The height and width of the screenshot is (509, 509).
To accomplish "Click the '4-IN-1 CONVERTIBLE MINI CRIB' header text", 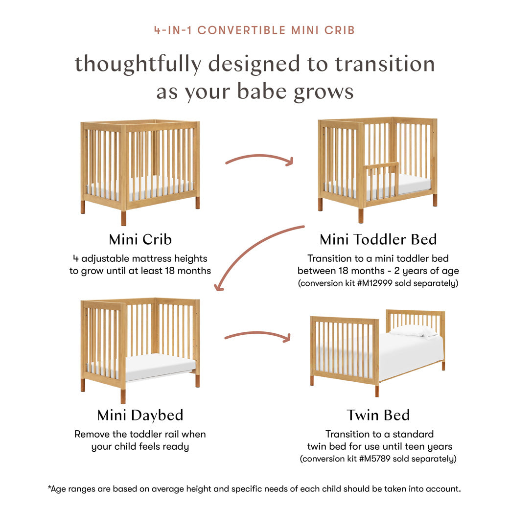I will point(254,30).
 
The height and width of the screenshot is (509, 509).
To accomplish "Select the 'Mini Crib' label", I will point(140,239).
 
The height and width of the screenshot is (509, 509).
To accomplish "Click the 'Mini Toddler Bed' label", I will point(378,239).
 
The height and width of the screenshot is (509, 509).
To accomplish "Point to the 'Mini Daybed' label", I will point(140,415).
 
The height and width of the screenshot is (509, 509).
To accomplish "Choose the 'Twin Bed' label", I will point(378,415).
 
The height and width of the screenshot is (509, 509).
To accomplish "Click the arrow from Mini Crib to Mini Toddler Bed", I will point(259,158).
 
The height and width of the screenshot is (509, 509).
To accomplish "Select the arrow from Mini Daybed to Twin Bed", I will point(257,335).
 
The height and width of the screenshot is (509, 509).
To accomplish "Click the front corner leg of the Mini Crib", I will point(123,215).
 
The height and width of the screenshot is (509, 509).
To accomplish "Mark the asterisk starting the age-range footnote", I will point(49,487).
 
